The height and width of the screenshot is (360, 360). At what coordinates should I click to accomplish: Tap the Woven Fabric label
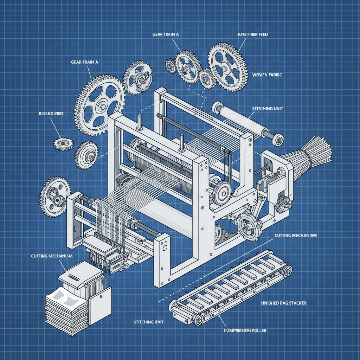(x=268, y=75)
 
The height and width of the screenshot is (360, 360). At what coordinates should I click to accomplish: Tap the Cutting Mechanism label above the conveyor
(x=296, y=235)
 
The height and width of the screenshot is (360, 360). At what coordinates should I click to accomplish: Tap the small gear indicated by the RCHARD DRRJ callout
(x=64, y=144)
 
